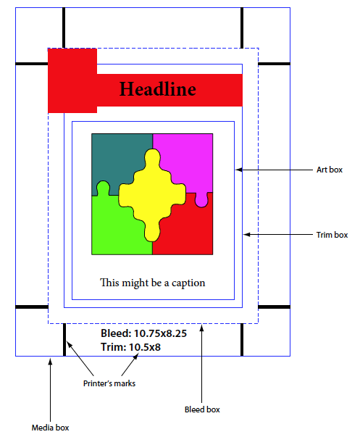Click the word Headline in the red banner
[x=158, y=89]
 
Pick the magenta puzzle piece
[x=187, y=162]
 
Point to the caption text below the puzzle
[x=152, y=283]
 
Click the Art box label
[x=330, y=170]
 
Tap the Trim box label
[x=332, y=235]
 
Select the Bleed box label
[x=202, y=409]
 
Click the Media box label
[x=50, y=428]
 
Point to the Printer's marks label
[x=109, y=383]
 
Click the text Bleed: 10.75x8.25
[x=143, y=333]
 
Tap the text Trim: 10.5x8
[x=130, y=347]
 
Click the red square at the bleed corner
[x=72, y=81]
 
